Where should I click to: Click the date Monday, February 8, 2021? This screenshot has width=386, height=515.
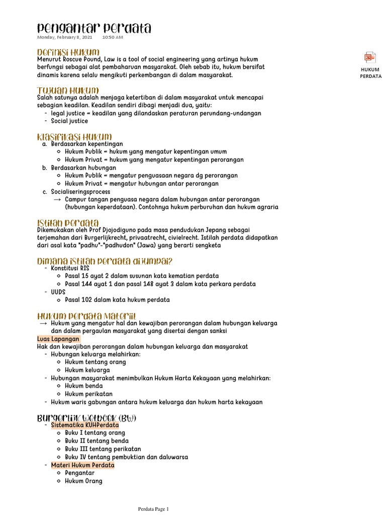coord(64,37)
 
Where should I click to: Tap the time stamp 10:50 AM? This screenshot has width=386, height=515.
coord(112,37)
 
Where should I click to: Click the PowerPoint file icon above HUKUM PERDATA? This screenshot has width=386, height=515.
coord(370,57)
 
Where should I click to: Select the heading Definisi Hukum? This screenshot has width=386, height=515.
coord(68,52)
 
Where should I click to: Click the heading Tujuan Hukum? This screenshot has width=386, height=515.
coord(67,90)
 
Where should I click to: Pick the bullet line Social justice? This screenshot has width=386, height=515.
coord(69,121)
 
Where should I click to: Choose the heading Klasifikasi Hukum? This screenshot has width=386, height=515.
coord(74,137)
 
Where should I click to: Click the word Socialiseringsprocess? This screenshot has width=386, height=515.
coord(80,192)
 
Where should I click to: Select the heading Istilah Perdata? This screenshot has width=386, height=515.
coord(68,222)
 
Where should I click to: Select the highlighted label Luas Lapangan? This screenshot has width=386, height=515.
coord(58,339)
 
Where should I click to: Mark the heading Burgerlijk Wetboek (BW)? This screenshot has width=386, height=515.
coord(86,418)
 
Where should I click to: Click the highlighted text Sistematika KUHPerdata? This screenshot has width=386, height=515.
coord(85,425)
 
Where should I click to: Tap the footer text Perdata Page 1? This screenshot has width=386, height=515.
coord(154,509)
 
